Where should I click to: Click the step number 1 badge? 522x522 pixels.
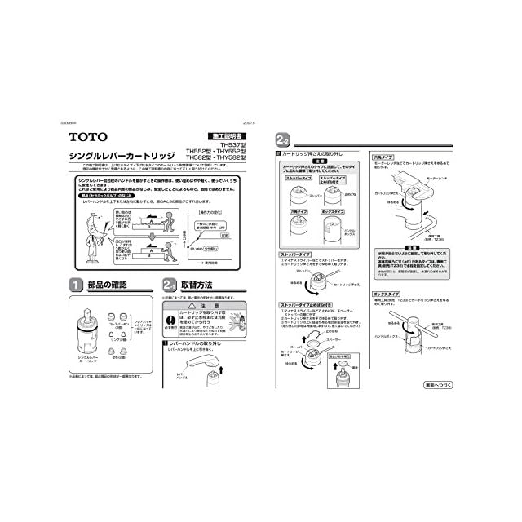tap(75, 285)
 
